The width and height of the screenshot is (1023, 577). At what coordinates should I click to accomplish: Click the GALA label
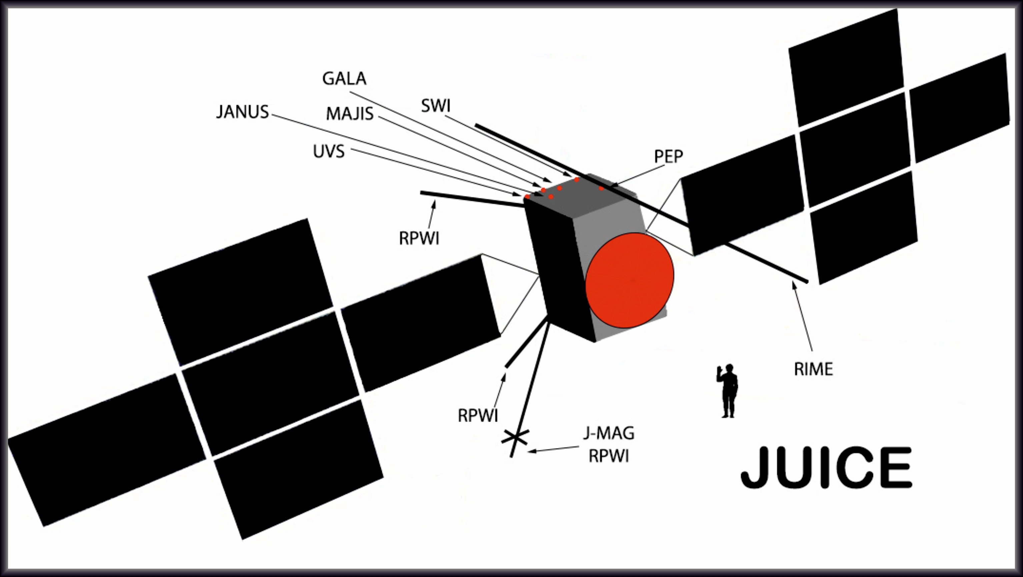(344, 79)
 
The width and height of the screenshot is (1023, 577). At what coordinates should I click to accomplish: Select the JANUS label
(242, 112)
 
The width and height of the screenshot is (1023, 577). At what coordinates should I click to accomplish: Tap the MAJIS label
(349, 114)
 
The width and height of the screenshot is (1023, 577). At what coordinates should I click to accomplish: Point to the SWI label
(436, 106)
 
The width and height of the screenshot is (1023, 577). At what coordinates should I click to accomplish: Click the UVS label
(328, 152)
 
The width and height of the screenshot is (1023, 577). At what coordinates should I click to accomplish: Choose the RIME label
(813, 369)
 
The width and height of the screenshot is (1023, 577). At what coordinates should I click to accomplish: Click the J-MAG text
(609, 433)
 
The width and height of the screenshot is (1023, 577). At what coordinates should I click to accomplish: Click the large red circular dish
(630, 280)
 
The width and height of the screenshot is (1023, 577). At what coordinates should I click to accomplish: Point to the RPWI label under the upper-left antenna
(419, 239)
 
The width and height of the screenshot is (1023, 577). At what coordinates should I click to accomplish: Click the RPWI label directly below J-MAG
(609, 456)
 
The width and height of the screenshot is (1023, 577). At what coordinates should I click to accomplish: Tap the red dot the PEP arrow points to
(601, 189)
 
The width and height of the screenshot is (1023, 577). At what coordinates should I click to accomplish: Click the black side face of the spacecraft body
(560, 270)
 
